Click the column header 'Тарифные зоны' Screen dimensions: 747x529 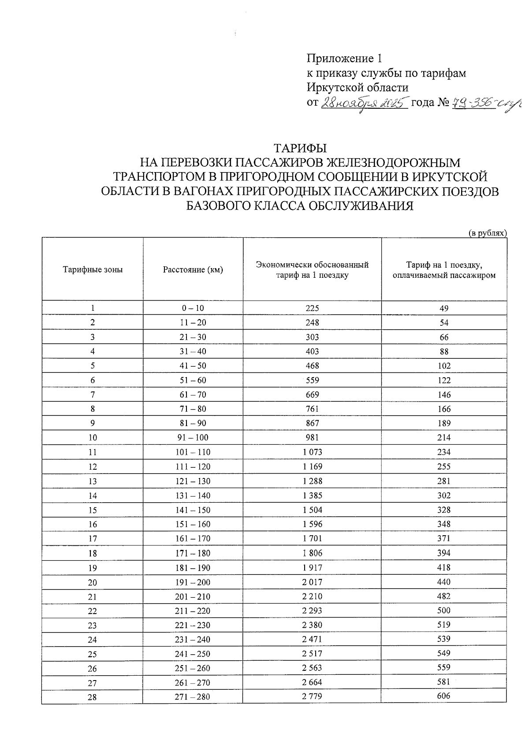click(93, 269)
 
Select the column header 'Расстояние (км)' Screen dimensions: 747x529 click(193, 269)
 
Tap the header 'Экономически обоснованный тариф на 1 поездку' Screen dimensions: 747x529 click(312, 270)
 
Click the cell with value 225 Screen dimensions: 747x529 click(312, 308)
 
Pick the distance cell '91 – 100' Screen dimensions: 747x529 click(193, 438)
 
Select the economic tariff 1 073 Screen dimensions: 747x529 click(312, 452)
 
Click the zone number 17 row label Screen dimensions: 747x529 click(93, 539)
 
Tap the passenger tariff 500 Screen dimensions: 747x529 click(444, 610)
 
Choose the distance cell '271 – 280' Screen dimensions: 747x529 click(193, 697)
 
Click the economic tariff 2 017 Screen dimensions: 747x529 click(312, 582)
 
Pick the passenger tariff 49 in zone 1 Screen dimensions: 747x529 click(444, 308)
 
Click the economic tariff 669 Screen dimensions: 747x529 click(312, 394)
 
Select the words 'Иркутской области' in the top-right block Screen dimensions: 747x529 click(358, 88)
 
